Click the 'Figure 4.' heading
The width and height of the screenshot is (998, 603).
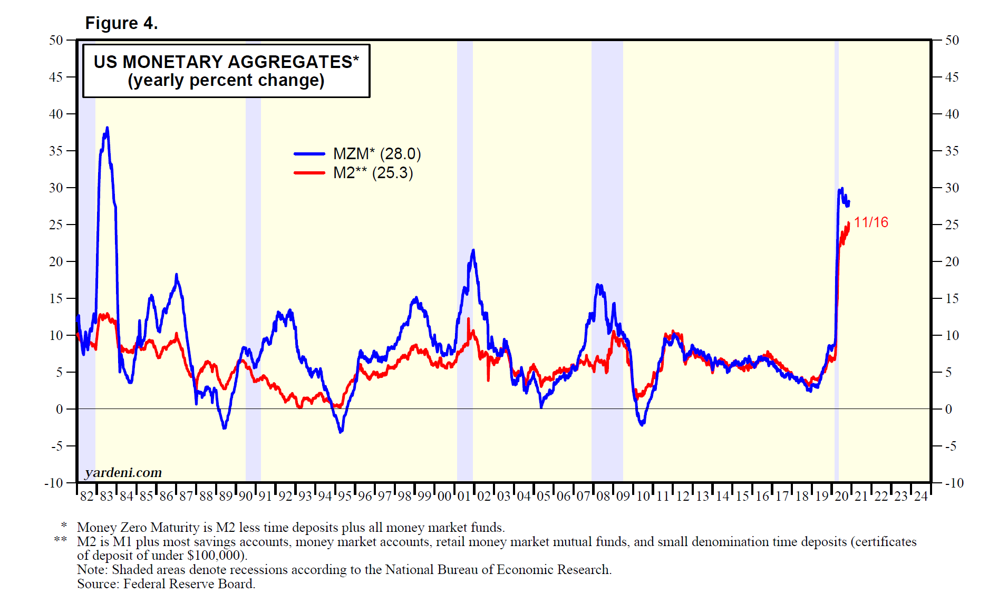121,23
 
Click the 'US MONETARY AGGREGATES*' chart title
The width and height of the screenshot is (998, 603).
226,62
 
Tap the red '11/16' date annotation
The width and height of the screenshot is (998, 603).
871,222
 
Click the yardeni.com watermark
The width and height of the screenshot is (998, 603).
123,472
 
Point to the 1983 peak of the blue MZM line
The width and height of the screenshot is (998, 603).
107,128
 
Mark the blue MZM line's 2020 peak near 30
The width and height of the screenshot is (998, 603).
841,189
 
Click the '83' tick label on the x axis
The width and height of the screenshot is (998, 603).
106,497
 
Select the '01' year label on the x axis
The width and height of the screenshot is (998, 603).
464,497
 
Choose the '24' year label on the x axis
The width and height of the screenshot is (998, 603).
921,497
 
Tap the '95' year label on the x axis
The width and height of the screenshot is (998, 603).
345,497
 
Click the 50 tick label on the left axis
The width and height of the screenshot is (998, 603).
56,41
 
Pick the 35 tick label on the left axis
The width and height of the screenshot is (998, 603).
56,151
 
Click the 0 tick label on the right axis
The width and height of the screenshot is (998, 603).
948,410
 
